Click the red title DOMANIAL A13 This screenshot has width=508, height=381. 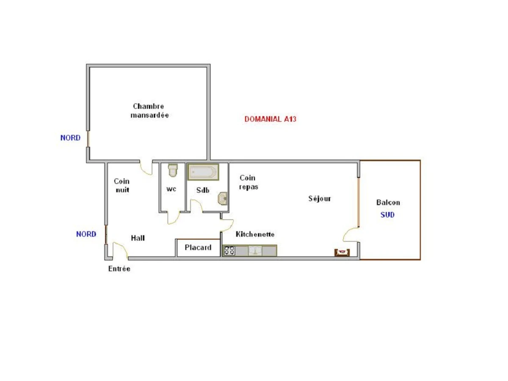tap(270, 119)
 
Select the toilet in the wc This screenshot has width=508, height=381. tap(173, 170)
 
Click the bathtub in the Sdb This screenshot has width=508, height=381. tap(203, 172)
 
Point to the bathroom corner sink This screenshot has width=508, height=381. tap(223, 198)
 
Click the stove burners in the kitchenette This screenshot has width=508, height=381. tap(229, 251)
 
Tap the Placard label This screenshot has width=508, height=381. tap(198, 248)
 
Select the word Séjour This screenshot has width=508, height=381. tap(319, 199)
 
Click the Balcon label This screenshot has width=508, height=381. tap(388, 202)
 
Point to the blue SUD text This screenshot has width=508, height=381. tap(387, 215)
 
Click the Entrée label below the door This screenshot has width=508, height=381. tap(119, 269)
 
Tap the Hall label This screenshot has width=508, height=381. tap(138, 238)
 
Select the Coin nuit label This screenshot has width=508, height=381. tap(122, 186)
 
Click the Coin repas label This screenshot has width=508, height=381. tap(248, 182)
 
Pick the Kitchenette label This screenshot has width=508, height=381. tap(255, 234)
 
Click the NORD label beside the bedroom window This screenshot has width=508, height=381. tap(70, 138)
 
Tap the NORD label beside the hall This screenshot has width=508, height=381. tap(86, 234)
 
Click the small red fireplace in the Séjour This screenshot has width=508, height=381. tap(342, 252)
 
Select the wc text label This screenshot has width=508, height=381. tap(171, 189)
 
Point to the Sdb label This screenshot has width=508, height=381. tap(203, 190)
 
